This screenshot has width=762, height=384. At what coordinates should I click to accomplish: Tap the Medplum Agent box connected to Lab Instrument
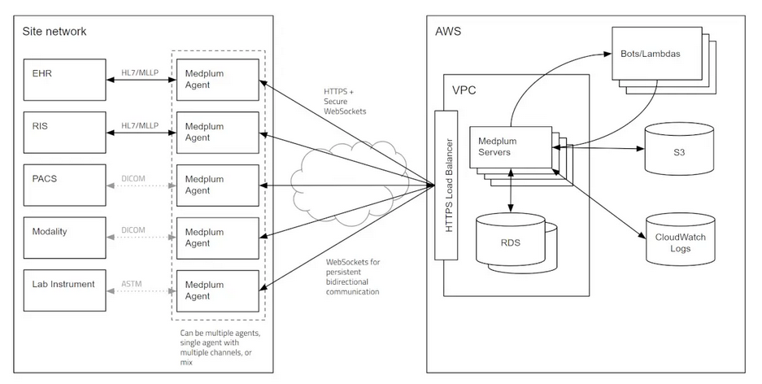point(218,290)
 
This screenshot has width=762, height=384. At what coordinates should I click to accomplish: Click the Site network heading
point(55,32)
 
